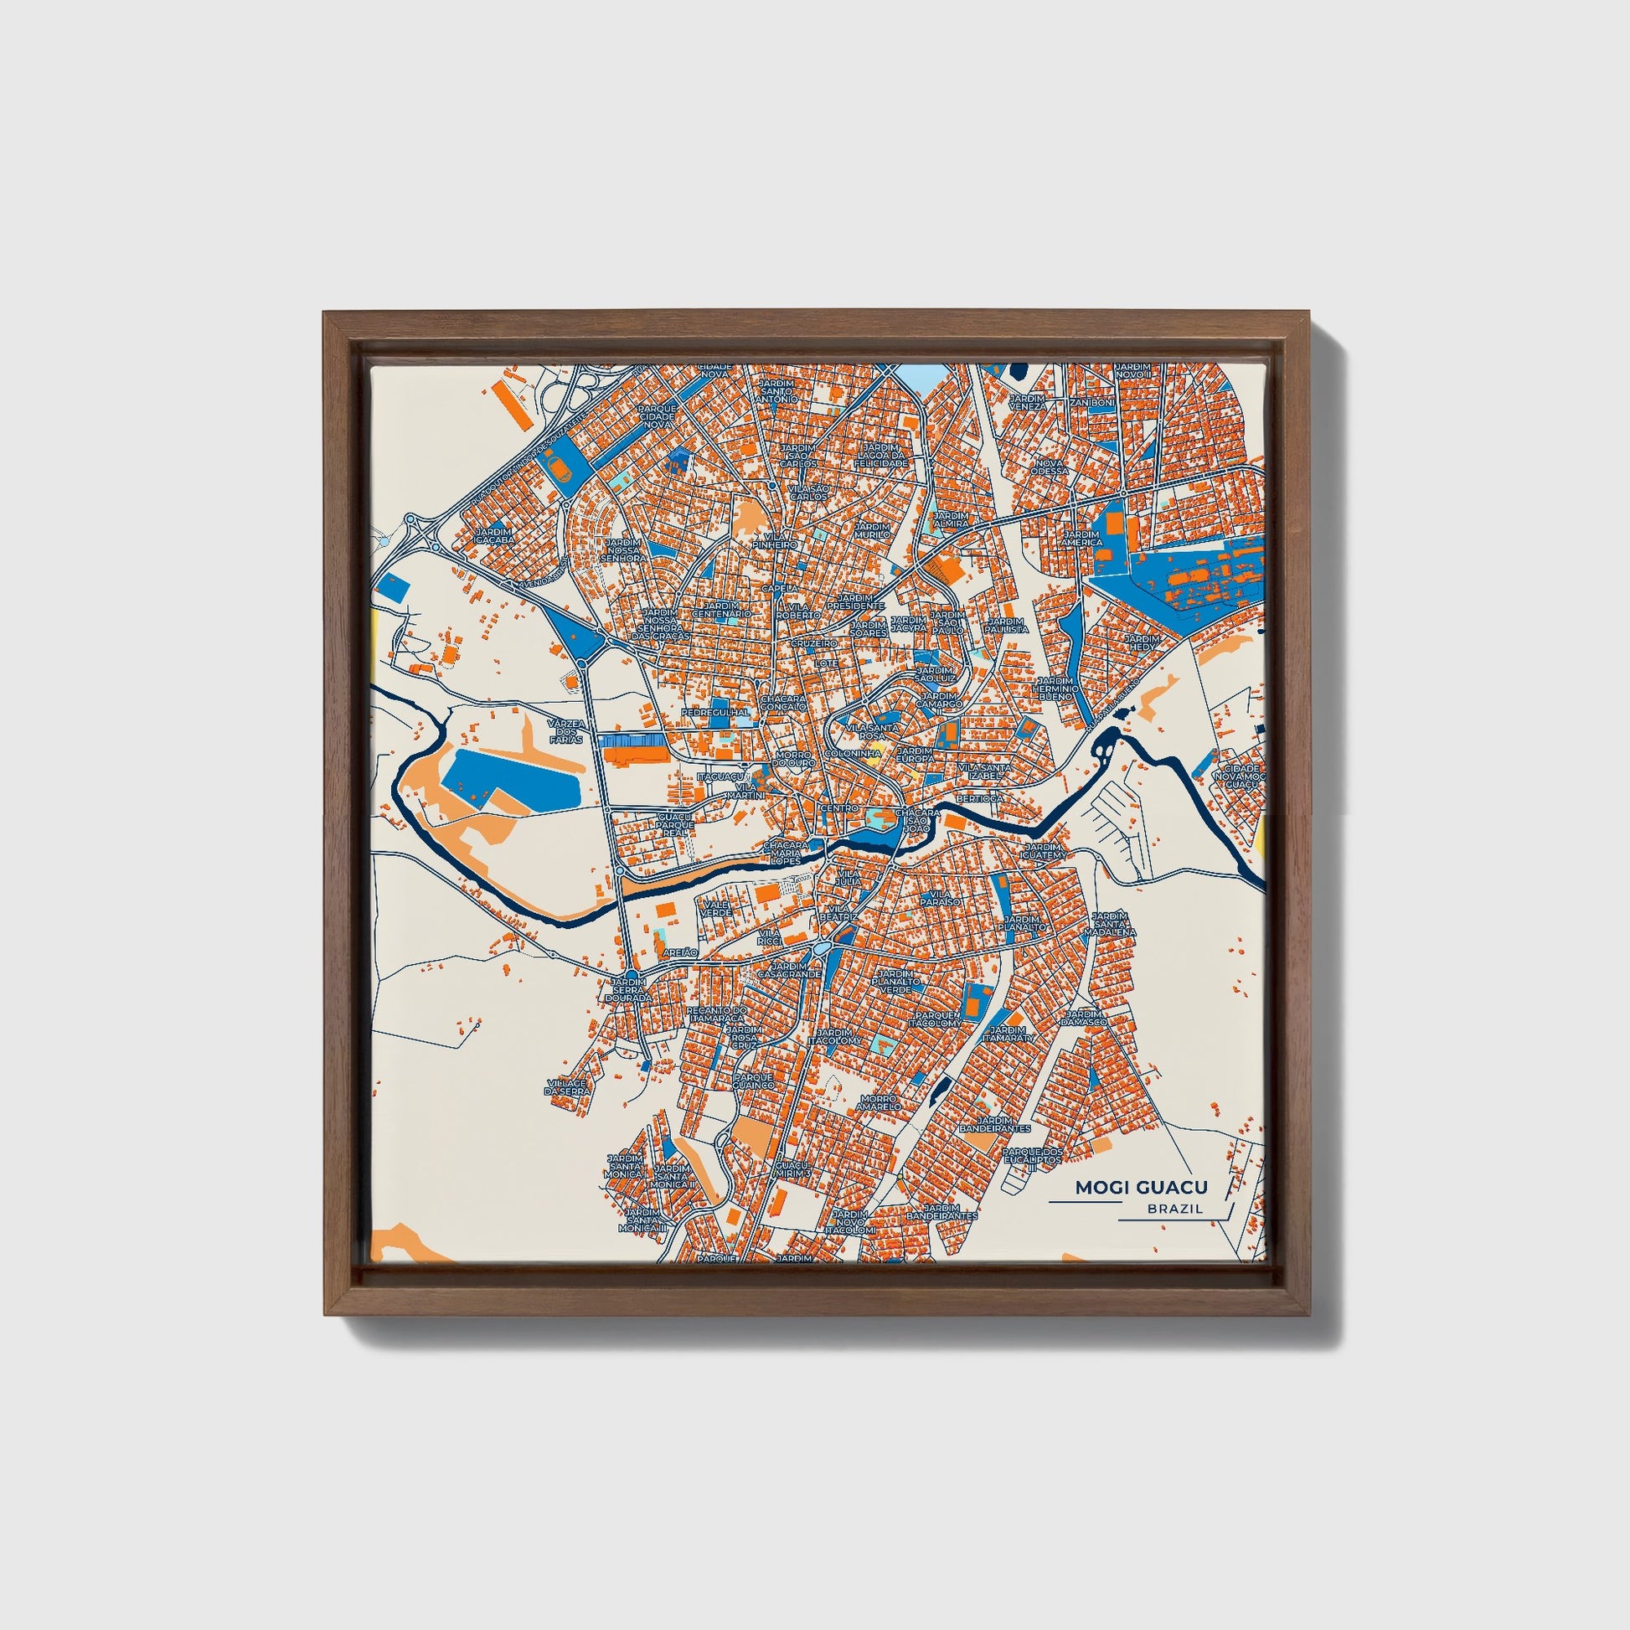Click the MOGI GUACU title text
tap(1141, 1188)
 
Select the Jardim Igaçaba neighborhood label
tap(493, 536)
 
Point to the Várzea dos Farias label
tap(565, 730)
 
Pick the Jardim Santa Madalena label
tap(1114, 924)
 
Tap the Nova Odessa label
tap(1050, 467)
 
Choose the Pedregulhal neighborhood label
tap(715, 712)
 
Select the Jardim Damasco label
tap(1084, 1018)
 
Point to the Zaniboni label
tap(1091, 403)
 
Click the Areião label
tap(681, 952)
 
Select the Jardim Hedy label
tap(1143, 643)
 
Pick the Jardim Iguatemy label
tap(1044, 851)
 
